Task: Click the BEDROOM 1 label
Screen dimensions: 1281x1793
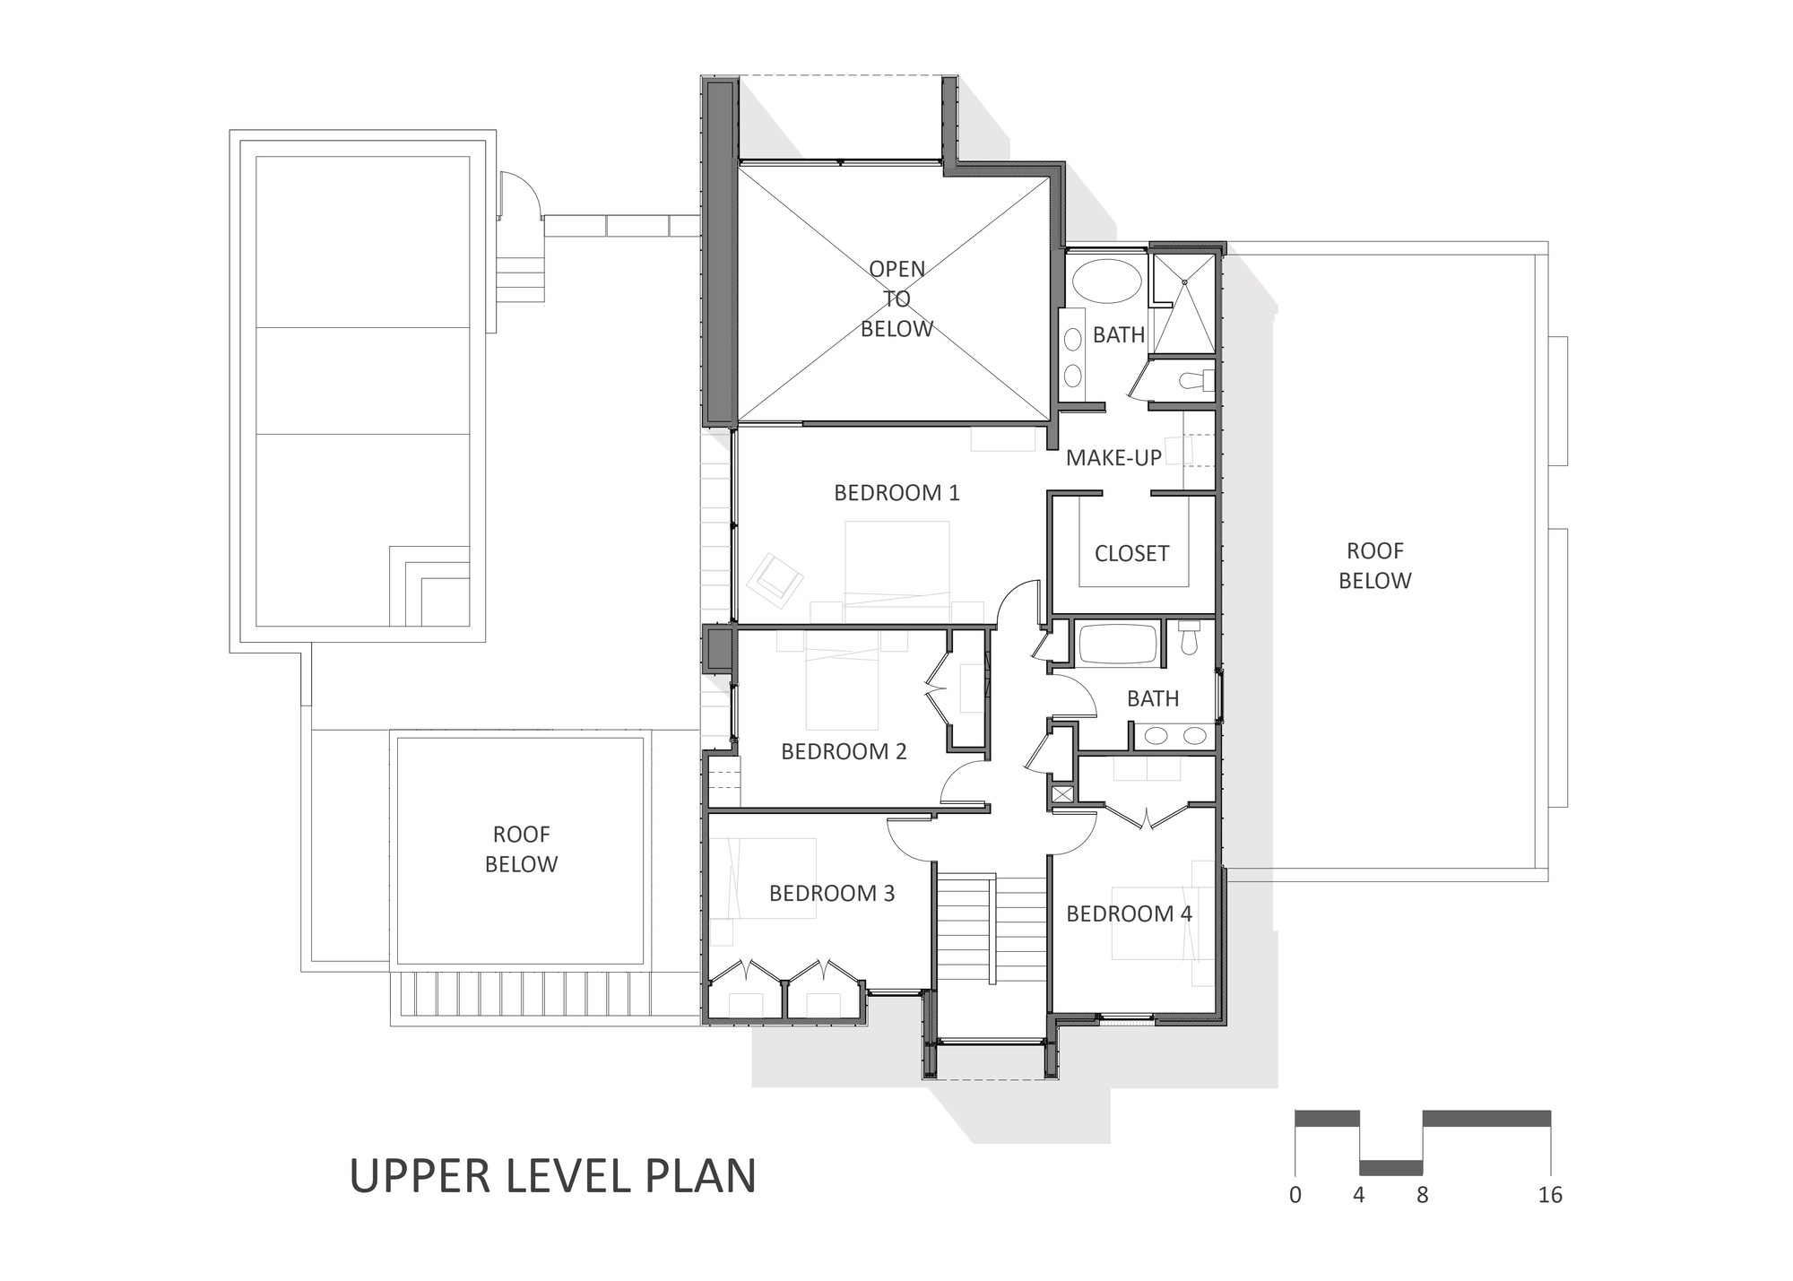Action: coord(896,492)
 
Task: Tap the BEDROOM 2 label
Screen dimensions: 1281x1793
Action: coord(844,751)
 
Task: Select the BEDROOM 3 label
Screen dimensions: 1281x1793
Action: coord(832,893)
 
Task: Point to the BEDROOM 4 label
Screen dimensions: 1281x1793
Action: coord(1129,913)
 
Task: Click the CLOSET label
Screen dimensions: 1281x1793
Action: coord(1131,553)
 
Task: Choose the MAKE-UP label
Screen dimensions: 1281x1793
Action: coord(1113,457)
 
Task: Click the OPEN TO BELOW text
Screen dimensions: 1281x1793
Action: coord(896,299)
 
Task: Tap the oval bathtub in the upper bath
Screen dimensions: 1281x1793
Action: coord(1106,283)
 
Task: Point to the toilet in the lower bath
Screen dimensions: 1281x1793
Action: coord(1190,638)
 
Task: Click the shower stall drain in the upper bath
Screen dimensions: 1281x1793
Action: coord(1184,282)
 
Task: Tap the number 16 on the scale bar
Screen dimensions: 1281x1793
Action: coord(1549,1195)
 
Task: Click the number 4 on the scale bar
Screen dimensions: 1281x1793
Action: coord(1359,1195)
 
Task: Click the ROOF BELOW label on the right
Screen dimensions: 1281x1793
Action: coord(1374,566)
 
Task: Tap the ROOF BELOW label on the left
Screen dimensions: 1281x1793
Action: coord(521,849)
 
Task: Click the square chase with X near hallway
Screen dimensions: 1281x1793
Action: coord(1063,794)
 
